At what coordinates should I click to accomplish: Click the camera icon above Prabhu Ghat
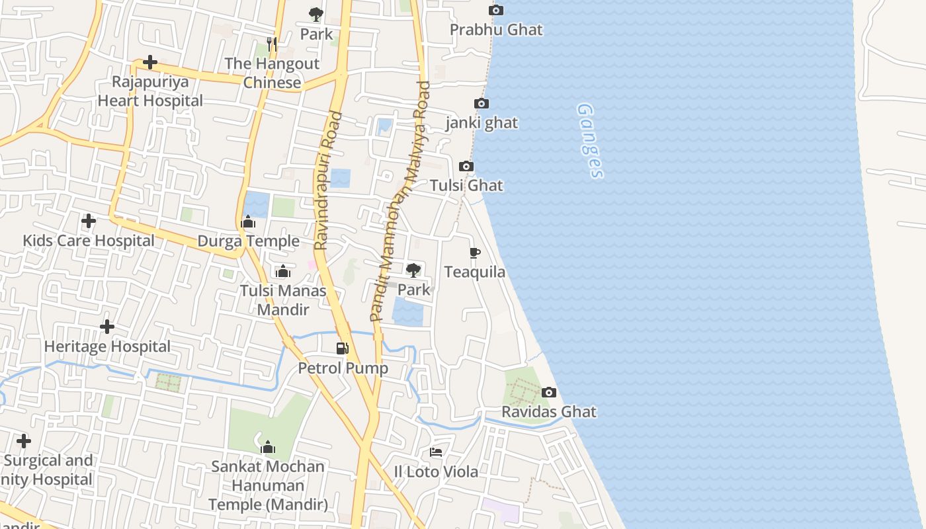495,11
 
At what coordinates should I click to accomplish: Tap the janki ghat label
482,123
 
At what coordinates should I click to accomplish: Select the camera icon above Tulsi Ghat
466,167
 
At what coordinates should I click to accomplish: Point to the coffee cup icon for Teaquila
474,253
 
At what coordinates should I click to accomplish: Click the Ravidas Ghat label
548,412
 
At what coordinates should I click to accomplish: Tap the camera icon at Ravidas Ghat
548,393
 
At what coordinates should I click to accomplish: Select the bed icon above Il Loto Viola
436,452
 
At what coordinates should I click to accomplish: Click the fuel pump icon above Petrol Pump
342,348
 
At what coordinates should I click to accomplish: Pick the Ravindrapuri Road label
328,181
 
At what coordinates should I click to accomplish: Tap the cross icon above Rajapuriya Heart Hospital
150,63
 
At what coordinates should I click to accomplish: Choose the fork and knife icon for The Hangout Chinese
271,44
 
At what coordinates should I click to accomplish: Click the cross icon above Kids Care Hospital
88,221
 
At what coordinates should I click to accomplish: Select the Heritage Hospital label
107,346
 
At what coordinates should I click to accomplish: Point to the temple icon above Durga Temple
249,222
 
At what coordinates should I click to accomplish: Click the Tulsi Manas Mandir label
283,300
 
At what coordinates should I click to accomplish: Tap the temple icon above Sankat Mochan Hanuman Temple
268,448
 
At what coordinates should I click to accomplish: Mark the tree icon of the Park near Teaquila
413,270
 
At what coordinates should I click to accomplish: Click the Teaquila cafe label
474,272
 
